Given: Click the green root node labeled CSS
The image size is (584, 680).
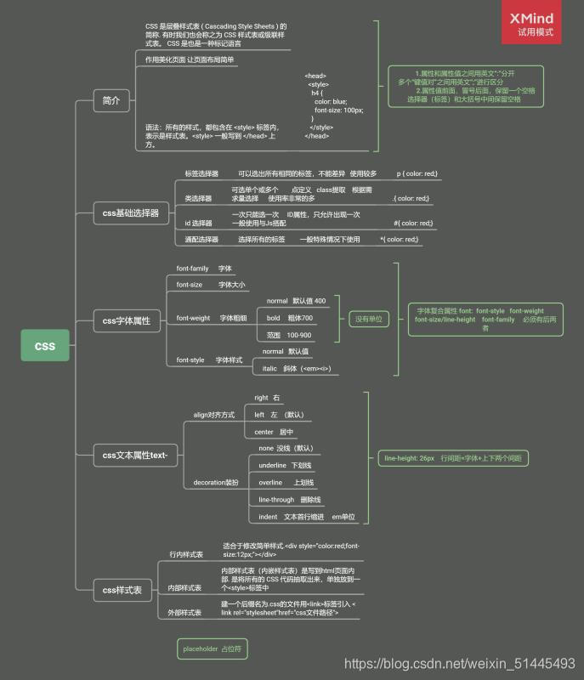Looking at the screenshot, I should pyautogui.click(x=44, y=346).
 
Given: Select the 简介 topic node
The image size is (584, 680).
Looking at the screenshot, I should pyautogui.click(x=111, y=101).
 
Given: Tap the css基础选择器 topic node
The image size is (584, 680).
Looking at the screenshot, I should pyautogui.click(x=131, y=213).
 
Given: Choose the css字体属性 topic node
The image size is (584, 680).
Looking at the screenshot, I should pyautogui.click(x=126, y=320).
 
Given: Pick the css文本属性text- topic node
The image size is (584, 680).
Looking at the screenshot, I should pyautogui.click(x=134, y=456).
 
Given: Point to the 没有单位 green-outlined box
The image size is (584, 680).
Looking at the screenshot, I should pyautogui.click(x=368, y=319).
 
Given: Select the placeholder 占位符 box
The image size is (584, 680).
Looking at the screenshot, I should pyautogui.click(x=213, y=649).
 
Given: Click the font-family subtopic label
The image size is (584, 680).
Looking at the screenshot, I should pyautogui.click(x=192, y=269).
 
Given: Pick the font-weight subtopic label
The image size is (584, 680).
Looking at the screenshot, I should pyautogui.click(x=193, y=318).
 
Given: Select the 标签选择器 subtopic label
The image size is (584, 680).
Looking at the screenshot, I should pyautogui.click(x=201, y=173).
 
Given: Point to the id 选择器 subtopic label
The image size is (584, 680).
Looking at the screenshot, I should pyautogui.click(x=198, y=223).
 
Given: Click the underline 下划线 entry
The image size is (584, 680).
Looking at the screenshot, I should pyautogui.click(x=285, y=465).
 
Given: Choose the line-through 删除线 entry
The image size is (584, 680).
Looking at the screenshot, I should pyautogui.click(x=289, y=499).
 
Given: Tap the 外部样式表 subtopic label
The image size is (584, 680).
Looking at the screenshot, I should pyautogui.click(x=184, y=612).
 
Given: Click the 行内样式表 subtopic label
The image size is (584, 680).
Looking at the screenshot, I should pyautogui.click(x=186, y=554).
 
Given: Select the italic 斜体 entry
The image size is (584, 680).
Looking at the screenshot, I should pyautogui.click(x=294, y=368).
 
